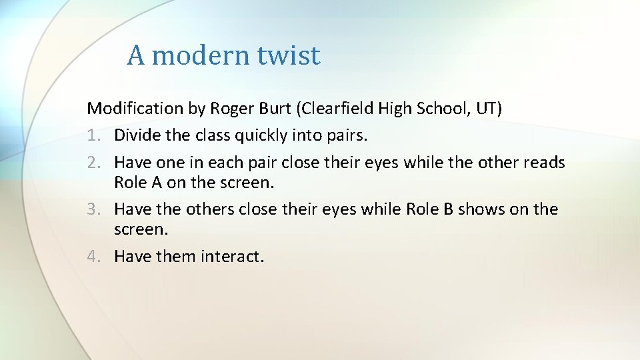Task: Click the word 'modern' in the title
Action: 199,55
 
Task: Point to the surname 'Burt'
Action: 277,108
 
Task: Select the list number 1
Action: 93,135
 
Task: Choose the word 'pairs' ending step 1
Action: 345,136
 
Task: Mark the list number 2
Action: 93,163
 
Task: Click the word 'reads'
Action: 544,163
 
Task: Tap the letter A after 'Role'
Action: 155,182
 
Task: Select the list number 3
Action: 93,209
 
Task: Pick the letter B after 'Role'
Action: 448,209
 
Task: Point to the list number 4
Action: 93,256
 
